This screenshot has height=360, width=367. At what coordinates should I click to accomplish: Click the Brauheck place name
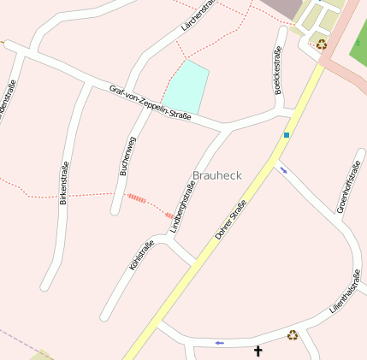tap(217, 175)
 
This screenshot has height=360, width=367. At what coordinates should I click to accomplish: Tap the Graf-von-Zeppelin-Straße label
tap(150, 102)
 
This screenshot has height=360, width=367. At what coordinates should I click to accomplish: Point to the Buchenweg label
tap(127, 156)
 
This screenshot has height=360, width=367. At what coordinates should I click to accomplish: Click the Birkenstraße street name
tap(64, 183)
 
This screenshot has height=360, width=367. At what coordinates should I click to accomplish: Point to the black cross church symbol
tap(258, 350)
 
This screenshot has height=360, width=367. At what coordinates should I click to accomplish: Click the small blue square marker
tap(287, 135)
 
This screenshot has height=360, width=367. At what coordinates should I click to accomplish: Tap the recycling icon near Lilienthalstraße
tap(293, 335)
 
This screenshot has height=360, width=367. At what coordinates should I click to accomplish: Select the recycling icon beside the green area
tap(321, 44)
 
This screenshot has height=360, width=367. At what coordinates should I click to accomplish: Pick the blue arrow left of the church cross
tap(220, 343)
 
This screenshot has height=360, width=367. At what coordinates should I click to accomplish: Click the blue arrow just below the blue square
tap(283, 170)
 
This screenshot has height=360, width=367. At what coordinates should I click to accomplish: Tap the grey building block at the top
tap(281, 8)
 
